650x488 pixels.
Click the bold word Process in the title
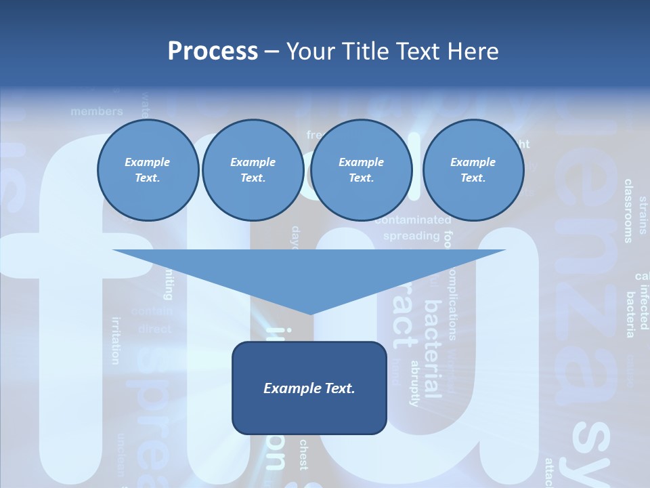click(213, 52)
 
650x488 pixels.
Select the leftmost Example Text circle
click(148, 170)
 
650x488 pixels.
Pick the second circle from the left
click(253, 170)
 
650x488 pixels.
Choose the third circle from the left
click(361, 170)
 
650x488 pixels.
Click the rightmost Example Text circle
click(473, 170)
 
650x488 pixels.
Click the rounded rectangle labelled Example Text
click(309, 388)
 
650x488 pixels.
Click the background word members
click(97, 111)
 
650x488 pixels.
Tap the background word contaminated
click(412, 220)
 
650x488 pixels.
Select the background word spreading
click(411, 236)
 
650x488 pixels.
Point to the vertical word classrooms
click(628, 211)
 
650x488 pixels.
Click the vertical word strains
click(643, 215)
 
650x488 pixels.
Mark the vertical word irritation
click(116, 340)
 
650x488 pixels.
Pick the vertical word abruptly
click(415, 383)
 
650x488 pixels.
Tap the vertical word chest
click(303, 455)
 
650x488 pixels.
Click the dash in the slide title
click(272, 52)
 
